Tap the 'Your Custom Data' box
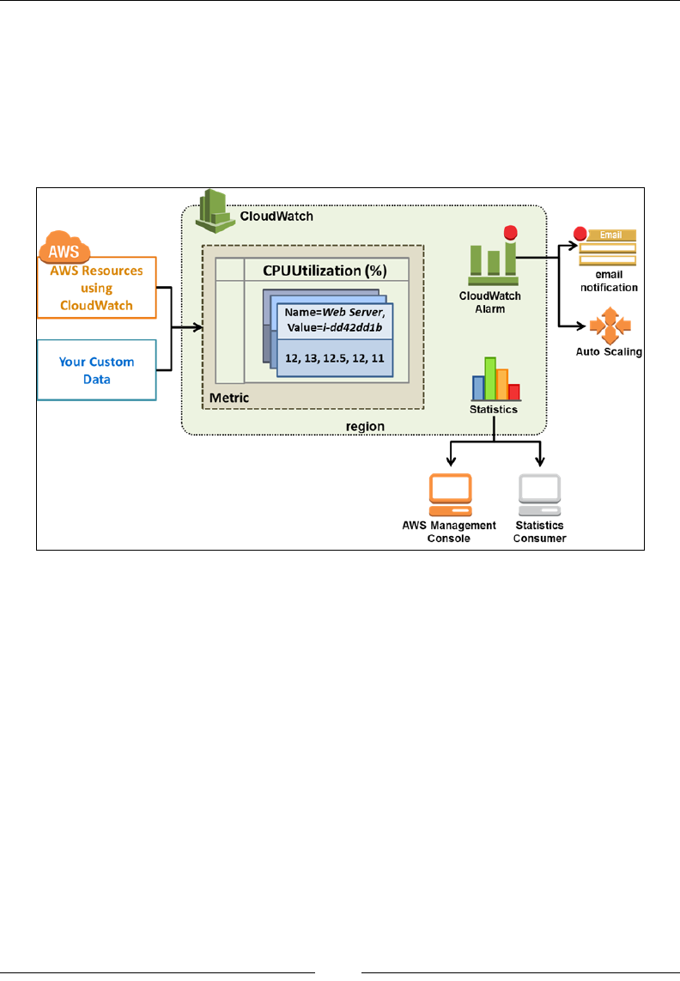pos(96,370)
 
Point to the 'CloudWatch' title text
pos(276,216)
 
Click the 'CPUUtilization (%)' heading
pos(325,271)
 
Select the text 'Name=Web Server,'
pos(334,314)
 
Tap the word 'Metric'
pos(230,399)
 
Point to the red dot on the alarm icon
pos(509,231)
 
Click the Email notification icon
pos(606,247)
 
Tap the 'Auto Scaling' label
pos(609,352)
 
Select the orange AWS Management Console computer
pos(451,493)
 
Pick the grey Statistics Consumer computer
pos(540,493)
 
